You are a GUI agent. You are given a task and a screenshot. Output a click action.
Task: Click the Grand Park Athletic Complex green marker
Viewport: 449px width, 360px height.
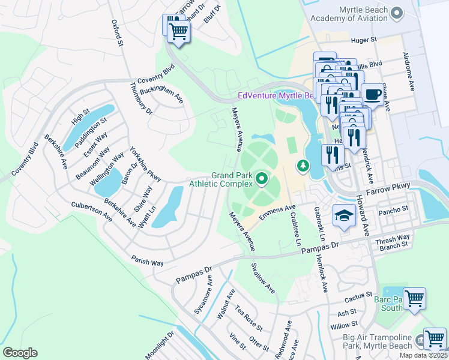(x=262, y=179)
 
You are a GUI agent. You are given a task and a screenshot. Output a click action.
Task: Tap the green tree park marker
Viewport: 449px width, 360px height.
(x=304, y=165)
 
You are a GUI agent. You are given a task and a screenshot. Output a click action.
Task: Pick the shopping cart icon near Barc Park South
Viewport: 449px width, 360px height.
(x=414, y=299)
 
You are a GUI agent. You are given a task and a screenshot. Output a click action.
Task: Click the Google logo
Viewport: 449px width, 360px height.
(x=20, y=353)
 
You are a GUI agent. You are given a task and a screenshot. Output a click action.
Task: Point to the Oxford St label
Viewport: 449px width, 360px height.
(x=117, y=33)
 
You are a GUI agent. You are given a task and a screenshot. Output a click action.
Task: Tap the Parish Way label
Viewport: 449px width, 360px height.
(x=148, y=262)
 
